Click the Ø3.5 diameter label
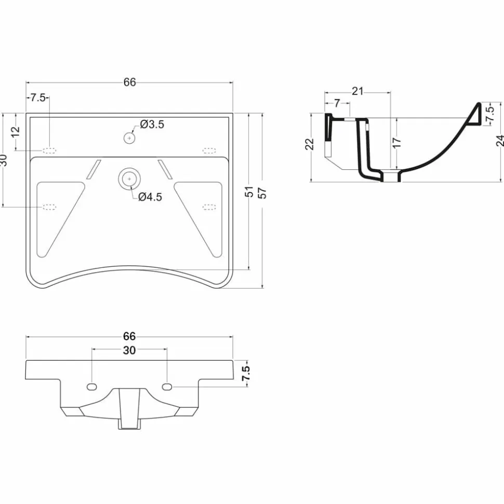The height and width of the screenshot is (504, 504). tap(152, 124)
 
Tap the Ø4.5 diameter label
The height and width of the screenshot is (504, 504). tap(150, 197)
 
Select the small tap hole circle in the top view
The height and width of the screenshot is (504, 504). tap(129, 138)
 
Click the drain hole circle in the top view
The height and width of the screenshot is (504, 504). tap(129, 179)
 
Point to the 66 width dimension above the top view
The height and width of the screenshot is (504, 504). tap(130, 83)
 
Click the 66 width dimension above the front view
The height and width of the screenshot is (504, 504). tap(129, 336)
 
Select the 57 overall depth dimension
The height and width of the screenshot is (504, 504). tap(263, 193)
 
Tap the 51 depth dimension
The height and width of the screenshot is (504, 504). tap(249, 192)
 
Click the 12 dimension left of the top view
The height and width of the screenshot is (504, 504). tap(15, 131)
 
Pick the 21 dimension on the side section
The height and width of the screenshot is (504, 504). tap(357, 91)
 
